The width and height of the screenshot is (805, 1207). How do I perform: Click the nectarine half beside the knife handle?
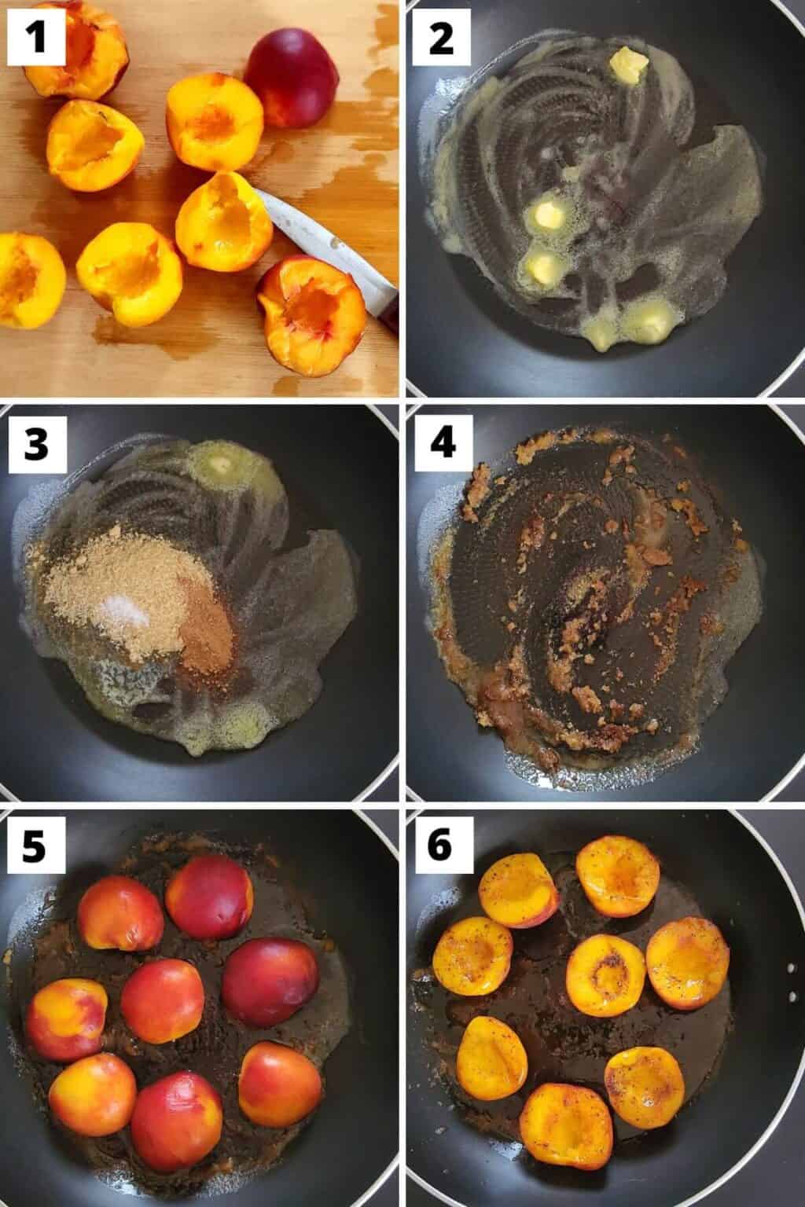click(313, 303)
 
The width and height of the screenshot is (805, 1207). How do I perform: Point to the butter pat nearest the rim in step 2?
click(629, 61)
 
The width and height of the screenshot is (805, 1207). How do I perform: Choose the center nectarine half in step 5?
click(162, 1000)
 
